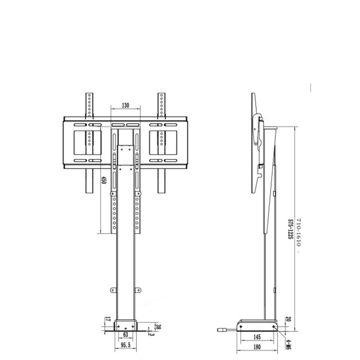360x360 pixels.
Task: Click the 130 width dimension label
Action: pos(125,105)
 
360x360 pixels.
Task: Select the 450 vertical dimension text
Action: pos(103,181)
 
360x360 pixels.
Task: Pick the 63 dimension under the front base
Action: pos(126,334)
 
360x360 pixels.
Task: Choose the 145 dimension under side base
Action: pos(256,337)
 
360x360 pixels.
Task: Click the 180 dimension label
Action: pos(257,347)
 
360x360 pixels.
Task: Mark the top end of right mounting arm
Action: pos(162,95)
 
